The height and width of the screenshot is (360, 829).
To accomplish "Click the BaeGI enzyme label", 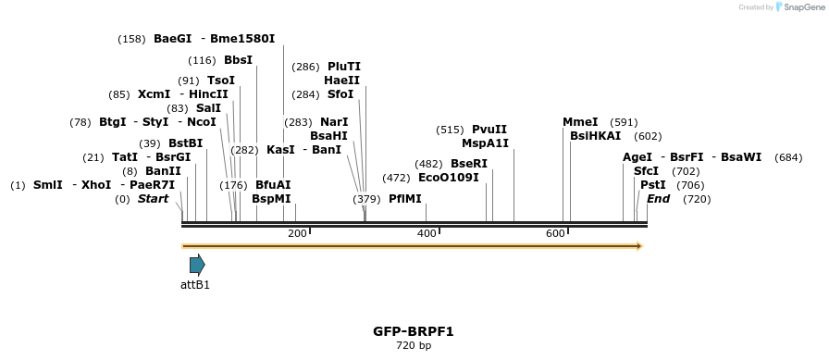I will pyautogui.click(x=173, y=39).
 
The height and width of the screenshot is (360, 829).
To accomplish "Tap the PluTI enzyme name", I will pyautogui.click(x=344, y=67).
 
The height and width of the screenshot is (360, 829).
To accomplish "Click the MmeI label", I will pyautogui.click(x=580, y=122).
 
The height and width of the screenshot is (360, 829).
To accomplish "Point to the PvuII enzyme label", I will pyautogui.click(x=489, y=130).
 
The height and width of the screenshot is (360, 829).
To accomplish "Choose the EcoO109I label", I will pyautogui.click(x=449, y=177).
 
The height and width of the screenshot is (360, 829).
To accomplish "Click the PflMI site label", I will pyautogui.click(x=404, y=199).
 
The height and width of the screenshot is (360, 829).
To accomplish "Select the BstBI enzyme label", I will pyautogui.click(x=185, y=143).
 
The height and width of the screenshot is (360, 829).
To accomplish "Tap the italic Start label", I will pyautogui.click(x=154, y=199).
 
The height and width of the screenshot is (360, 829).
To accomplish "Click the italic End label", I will pyautogui.click(x=658, y=199).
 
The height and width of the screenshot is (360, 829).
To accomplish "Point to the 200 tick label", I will pyautogui.click(x=297, y=233).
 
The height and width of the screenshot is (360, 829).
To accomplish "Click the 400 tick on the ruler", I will pyautogui.click(x=427, y=233).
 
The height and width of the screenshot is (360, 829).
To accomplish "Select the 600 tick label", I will pyautogui.click(x=555, y=233).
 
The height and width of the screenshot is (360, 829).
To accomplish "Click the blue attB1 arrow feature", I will pyautogui.click(x=197, y=265).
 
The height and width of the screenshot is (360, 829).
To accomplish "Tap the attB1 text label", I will pyautogui.click(x=195, y=285).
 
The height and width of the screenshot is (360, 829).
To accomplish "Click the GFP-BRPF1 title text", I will pyautogui.click(x=414, y=330).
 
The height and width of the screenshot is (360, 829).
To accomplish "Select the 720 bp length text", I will pyautogui.click(x=414, y=346).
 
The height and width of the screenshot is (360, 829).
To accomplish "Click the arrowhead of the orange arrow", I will pyautogui.click(x=638, y=246).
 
